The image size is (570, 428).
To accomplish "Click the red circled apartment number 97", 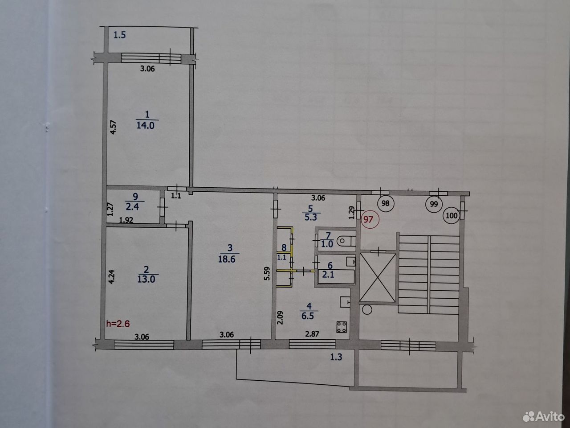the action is pos(369,220).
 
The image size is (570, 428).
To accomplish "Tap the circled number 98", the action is pos(385,203).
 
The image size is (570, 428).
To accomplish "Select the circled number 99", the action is pos(433,204).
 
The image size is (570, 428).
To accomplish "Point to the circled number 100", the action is pos(452,215).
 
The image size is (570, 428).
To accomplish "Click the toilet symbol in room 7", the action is pos(346,241).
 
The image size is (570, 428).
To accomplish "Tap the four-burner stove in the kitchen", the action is pos(342,327).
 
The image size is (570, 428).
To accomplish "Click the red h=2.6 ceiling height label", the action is pos(118,324).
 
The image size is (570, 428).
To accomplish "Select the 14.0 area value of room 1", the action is pos(146,126).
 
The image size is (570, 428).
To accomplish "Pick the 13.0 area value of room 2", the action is pos(146,279).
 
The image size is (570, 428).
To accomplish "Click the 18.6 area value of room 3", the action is pos(227,259).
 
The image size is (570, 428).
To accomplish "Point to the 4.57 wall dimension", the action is pos(113,127).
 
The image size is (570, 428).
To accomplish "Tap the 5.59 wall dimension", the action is pos(267,274).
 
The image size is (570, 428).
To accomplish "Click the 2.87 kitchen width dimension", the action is pos(312,334).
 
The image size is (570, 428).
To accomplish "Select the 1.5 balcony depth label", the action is pos(119,35).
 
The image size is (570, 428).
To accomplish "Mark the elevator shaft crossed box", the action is pos(378,278).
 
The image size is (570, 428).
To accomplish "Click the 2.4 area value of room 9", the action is pos(132,207).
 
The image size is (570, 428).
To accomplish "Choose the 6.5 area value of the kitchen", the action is pos(308,316).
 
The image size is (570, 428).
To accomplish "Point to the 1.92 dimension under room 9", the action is pos(126,220).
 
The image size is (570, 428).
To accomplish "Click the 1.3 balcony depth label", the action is pos(336,357).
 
